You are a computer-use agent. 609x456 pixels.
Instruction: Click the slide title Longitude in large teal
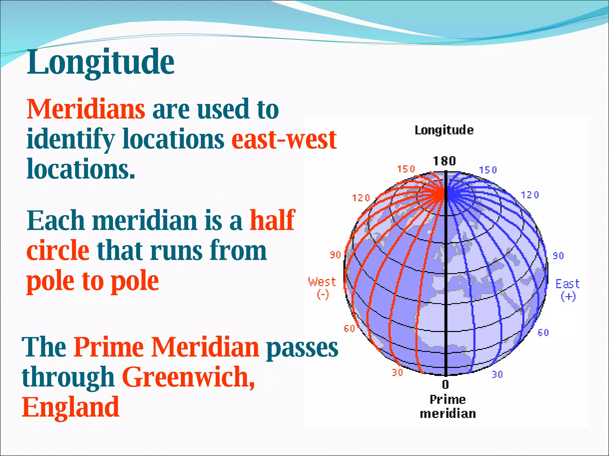click(x=101, y=62)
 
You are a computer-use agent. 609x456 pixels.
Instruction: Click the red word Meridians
click(x=86, y=109)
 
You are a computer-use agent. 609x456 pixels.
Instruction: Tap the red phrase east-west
click(x=284, y=140)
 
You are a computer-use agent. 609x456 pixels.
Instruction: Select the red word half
click(x=272, y=220)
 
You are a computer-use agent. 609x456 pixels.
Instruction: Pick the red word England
click(x=71, y=407)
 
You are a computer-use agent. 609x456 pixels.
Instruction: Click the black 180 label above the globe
click(x=444, y=161)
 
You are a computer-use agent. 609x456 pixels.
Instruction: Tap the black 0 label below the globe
click(x=445, y=385)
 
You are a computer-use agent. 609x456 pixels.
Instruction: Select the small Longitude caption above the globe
click(x=444, y=130)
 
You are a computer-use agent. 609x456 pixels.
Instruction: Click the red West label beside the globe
click(x=322, y=282)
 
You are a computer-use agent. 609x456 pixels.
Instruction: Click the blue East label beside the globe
click(x=567, y=284)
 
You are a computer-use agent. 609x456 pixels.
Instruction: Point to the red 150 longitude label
click(x=406, y=169)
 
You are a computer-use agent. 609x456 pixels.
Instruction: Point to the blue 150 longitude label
click(x=488, y=170)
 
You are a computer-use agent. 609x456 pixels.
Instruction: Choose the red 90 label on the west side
click(x=335, y=255)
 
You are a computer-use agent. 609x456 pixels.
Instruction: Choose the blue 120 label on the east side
click(x=530, y=195)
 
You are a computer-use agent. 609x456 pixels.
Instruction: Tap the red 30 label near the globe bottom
click(x=397, y=373)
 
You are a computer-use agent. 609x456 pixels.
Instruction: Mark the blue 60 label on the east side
click(x=543, y=333)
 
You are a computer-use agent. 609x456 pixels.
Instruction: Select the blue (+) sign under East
click(x=568, y=297)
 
